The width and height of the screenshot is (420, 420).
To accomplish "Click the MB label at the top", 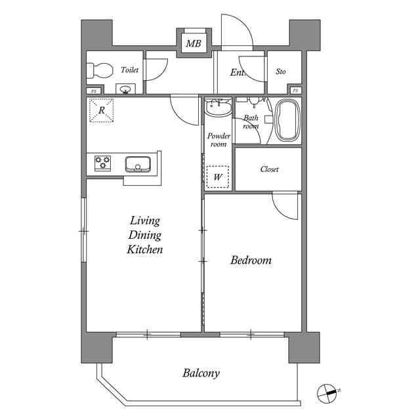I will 193,44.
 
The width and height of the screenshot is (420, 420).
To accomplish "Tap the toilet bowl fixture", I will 99,70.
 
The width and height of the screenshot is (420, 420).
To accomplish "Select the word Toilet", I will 129,70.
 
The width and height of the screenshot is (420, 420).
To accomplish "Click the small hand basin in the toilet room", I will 125,89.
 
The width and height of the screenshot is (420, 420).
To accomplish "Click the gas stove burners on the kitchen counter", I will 103,163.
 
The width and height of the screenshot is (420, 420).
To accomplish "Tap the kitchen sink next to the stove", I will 138,163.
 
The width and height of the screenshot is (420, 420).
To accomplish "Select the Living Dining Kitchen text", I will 144,235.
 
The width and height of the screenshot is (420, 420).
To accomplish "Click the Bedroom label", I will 251,261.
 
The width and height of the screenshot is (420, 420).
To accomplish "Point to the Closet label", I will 269,169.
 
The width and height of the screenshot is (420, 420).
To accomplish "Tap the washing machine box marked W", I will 217,176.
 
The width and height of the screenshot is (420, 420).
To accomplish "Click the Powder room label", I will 219,140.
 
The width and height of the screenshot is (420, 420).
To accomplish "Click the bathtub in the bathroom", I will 287,119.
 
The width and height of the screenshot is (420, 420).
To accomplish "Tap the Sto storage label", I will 281,72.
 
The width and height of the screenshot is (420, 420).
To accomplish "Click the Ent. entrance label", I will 237,72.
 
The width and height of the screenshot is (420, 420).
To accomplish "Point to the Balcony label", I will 201,373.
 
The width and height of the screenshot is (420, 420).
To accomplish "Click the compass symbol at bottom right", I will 327,393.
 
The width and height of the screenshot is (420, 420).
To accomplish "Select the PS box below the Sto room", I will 295,91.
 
